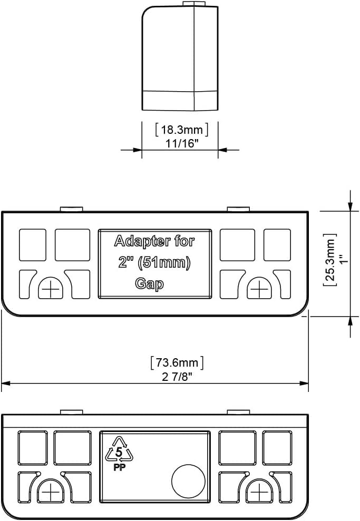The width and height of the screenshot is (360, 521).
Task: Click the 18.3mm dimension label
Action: pos(182,129)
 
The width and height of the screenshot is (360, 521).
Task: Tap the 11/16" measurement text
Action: pos(182,143)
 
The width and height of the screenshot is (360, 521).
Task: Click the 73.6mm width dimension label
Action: pos(177,362)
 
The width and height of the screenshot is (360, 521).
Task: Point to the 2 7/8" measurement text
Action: pos(178,377)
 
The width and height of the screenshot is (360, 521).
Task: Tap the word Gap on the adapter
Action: pos(149,284)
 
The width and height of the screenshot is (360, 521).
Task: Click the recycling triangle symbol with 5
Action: pos(119,450)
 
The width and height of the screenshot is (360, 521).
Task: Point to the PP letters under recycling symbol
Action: pos(119,467)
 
